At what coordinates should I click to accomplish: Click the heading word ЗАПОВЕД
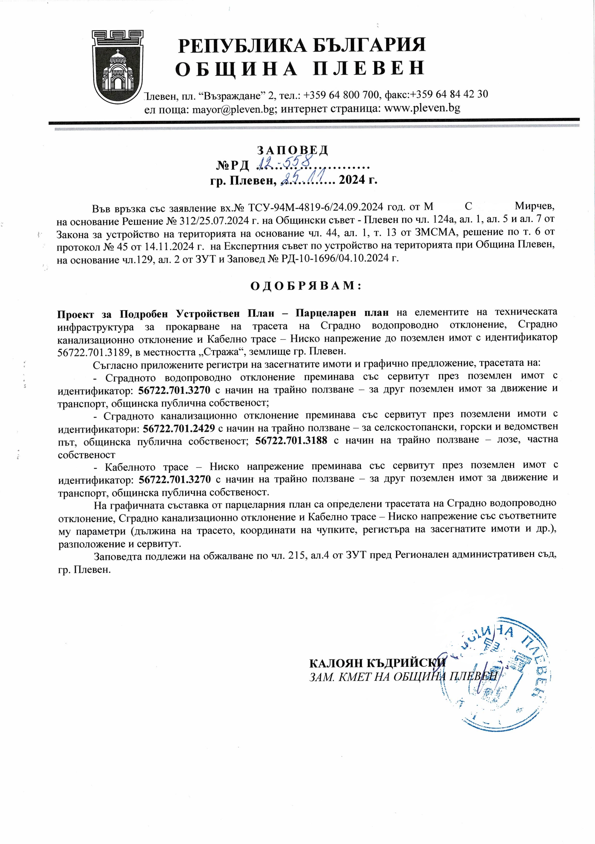coord(292,150)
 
